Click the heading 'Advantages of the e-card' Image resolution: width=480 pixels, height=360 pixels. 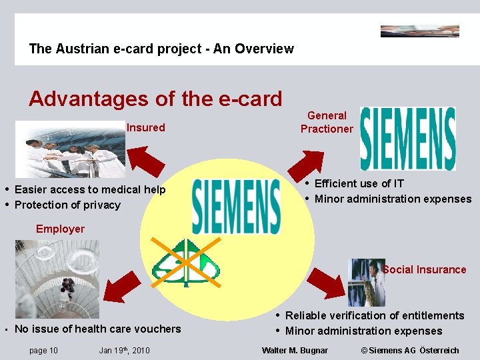click(x=155, y=99)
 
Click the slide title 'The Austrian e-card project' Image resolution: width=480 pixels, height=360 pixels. click(x=161, y=49)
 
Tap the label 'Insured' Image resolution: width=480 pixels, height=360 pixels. click(x=145, y=127)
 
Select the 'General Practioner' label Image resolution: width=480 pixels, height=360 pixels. click(x=327, y=122)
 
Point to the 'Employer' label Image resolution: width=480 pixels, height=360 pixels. click(x=60, y=229)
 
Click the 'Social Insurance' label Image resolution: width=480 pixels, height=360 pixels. click(x=425, y=269)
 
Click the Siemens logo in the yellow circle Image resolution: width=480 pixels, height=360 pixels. click(x=236, y=206)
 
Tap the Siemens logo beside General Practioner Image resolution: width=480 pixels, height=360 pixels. click(x=407, y=139)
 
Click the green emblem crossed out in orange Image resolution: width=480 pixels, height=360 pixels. click(x=186, y=263)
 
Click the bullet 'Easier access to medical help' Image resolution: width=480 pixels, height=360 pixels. click(x=90, y=189)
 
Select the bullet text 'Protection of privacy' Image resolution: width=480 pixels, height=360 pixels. click(x=67, y=205)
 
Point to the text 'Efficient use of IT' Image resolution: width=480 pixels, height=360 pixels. click(x=359, y=183)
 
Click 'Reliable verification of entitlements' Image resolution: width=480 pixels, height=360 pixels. click(x=375, y=315)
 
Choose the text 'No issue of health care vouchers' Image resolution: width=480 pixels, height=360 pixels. click(x=97, y=329)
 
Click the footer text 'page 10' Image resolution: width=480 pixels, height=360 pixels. click(x=43, y=350)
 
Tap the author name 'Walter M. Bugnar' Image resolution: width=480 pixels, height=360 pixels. click(x=295, y=350)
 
